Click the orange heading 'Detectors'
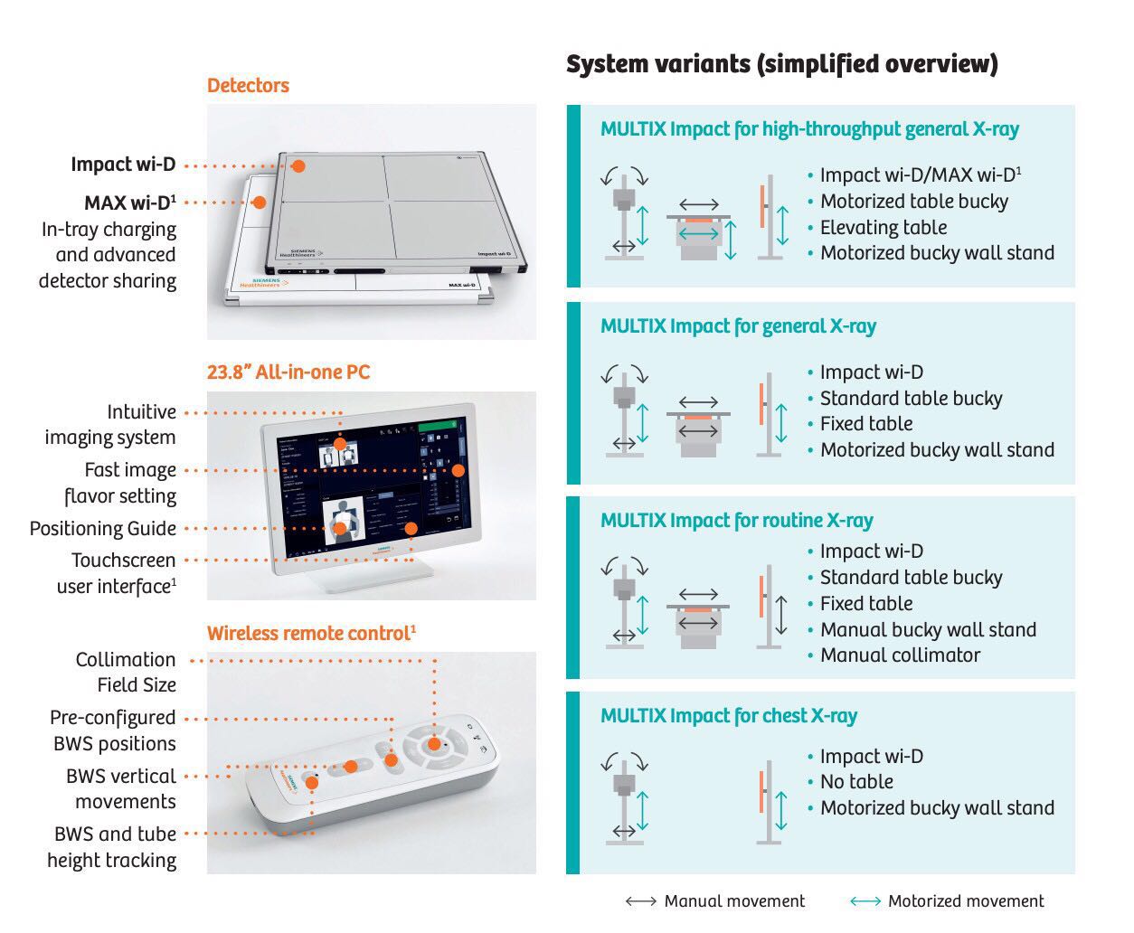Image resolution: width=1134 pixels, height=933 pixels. pos(248,86)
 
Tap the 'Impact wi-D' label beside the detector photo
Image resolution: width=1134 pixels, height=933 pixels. pos(123,165)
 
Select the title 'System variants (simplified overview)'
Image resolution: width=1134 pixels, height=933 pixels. pos(781,64)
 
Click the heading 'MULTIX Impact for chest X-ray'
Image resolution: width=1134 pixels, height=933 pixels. pos(728,716)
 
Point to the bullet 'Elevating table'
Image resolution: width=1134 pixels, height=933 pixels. pos(883,228)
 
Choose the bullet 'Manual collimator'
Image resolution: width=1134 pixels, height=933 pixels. pos(899,655)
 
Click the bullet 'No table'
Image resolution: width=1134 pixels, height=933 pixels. pos(855,782)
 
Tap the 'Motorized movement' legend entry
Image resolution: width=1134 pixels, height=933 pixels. pos(965,901)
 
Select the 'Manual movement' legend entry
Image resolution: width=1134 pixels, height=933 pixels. pos(733,901)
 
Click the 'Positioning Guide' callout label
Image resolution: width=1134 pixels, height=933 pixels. pos(103,529)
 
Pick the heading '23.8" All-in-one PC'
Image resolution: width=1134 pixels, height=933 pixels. pos(288,372)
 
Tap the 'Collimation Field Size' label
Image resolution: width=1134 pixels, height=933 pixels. pos(126,673)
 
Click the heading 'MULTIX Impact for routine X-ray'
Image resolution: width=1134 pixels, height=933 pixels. pos(736,521)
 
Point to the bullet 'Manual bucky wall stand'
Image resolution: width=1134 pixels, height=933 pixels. pos(928,630)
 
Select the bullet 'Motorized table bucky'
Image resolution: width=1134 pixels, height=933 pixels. pos(913,202)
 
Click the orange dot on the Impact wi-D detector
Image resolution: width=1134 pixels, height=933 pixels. pos(298,165)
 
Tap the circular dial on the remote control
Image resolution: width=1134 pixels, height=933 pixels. pos(433,744)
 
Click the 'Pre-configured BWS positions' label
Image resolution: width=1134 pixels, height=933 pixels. pos(113,730)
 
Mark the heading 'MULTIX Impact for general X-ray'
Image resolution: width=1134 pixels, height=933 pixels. pos(738,326)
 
